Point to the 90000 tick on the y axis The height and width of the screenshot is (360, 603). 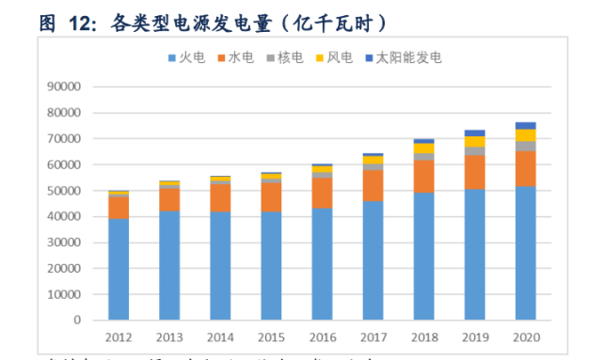point(65,86)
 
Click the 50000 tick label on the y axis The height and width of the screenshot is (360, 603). point(65,191)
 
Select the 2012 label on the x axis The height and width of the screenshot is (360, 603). point(119,337)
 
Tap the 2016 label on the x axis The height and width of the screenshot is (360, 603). point(323,337)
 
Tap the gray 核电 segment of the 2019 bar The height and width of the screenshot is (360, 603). point(474,151)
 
